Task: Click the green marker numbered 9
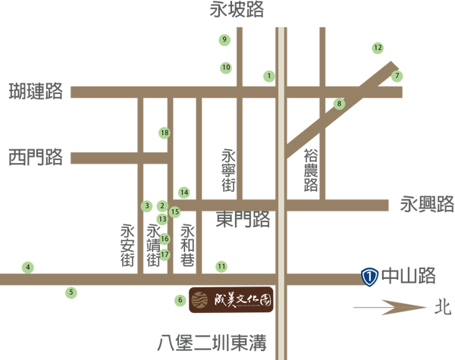tap(224, 39)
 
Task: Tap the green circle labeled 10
tap(225, 67)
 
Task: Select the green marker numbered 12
tap(377, 48)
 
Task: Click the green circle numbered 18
tap(164, 133)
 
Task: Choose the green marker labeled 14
tap(184, 191)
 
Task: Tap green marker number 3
tap(148, 205)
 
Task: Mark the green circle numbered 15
tap(175, 212)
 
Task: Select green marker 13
tap(162, 219)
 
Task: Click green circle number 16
tap(164, 238)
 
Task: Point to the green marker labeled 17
tap(164, 254)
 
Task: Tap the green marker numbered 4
tap(28, 267)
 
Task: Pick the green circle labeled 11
tap(221, 266)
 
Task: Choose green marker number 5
tap(71, 291)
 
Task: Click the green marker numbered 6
tap(180, 301)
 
